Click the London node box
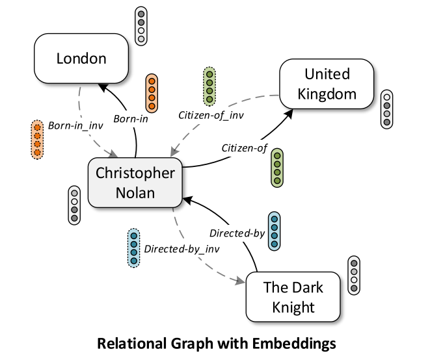[x=81, y=59]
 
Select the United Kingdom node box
[x=327, y=83]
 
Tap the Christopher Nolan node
[x=135, y=183]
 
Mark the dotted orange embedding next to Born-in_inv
[x=37, y=140]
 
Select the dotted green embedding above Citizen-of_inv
[x=209, y=86]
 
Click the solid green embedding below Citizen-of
[x=276, y=168]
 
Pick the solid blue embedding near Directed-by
[x=275, y=231]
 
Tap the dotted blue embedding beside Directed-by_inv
[x=133, y=247]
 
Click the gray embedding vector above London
[x=141, y=26]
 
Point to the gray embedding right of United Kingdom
[x=387, y=109]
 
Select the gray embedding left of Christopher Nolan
[x=75, y=205]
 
